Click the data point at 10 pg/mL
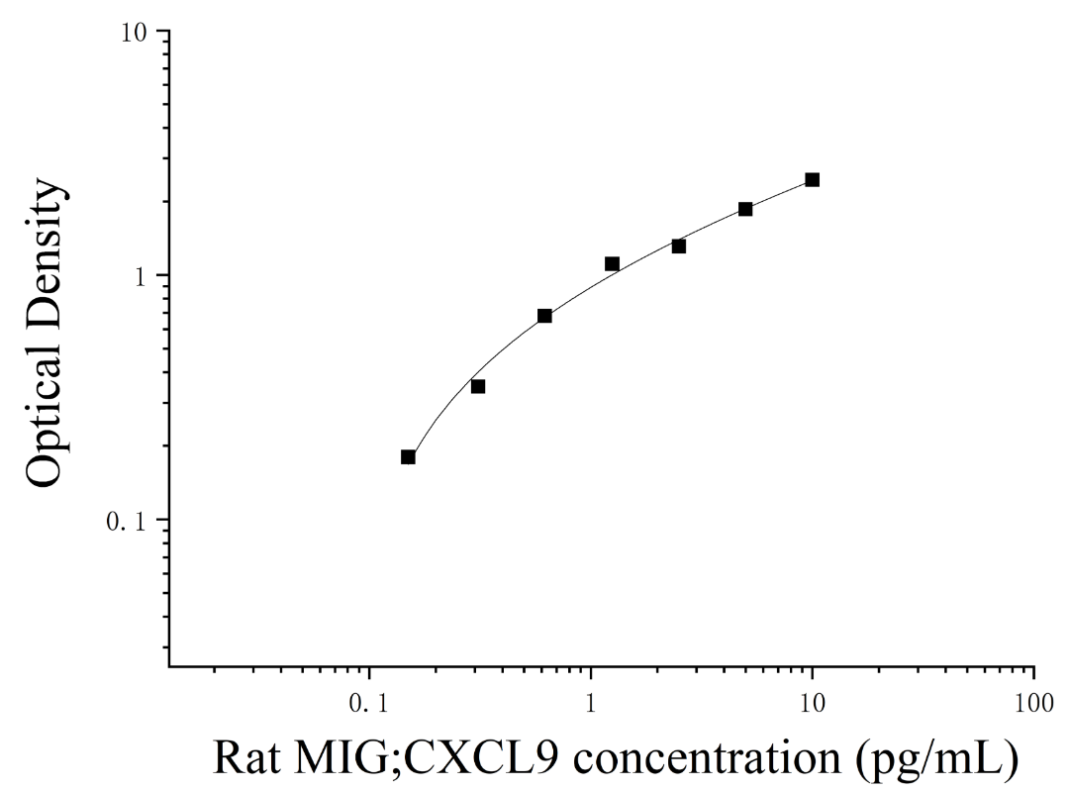click(812, 179)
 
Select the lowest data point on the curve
click(408, 456)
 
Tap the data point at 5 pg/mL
click(745, 209)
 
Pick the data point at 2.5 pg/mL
click(678, 246)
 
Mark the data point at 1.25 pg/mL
click(612, 263)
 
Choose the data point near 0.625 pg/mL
click(544, 315)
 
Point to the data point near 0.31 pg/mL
click(478, 386)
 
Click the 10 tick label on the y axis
click(137, 32)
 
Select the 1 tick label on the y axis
click(143, 276)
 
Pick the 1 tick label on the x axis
click(591, 703)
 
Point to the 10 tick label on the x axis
click(812, 703)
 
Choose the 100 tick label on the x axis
click(1033, 703)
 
